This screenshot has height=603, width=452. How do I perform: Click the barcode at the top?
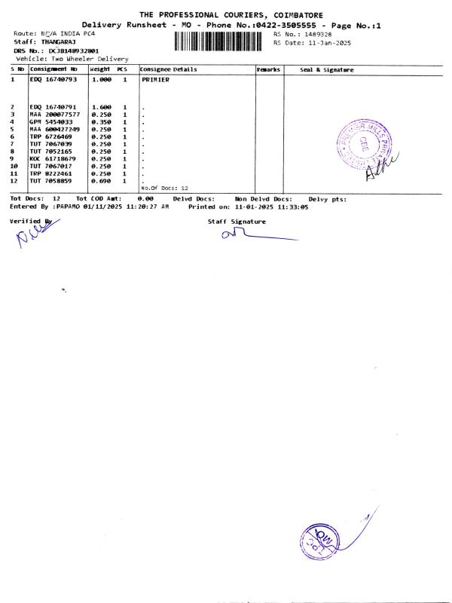[x=221, y=39]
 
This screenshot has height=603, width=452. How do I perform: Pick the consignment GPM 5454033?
[x=51, y=121]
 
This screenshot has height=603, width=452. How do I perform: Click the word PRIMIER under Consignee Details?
[x=155, y=79]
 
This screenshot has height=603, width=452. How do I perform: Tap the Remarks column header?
[x=269, y=69]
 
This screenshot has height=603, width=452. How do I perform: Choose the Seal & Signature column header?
[x=327, y=69]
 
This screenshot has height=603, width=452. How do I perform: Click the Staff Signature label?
[x=237, y=222]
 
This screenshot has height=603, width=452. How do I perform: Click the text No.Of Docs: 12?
[x=164, y=188]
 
